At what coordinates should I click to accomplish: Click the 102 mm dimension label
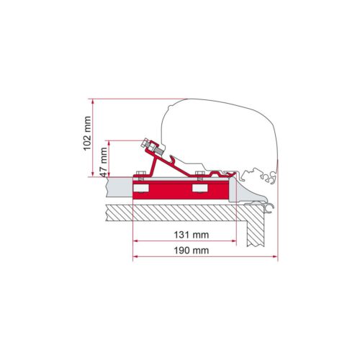pos(87,133)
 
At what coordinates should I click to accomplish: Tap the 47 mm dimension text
pos(104,162)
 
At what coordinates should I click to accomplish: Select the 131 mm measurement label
pos(192,235)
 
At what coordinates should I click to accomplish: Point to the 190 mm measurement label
pos(192,251)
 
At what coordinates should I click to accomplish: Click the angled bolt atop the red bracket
pos(152,148)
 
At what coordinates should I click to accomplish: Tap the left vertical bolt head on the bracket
pos(140,174)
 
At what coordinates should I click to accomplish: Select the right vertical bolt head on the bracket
pos(200,174)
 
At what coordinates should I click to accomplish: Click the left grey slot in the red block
pos(141,189)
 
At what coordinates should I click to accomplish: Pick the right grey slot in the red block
pos(199,189)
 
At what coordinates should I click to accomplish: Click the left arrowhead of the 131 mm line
pos(135,240)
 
